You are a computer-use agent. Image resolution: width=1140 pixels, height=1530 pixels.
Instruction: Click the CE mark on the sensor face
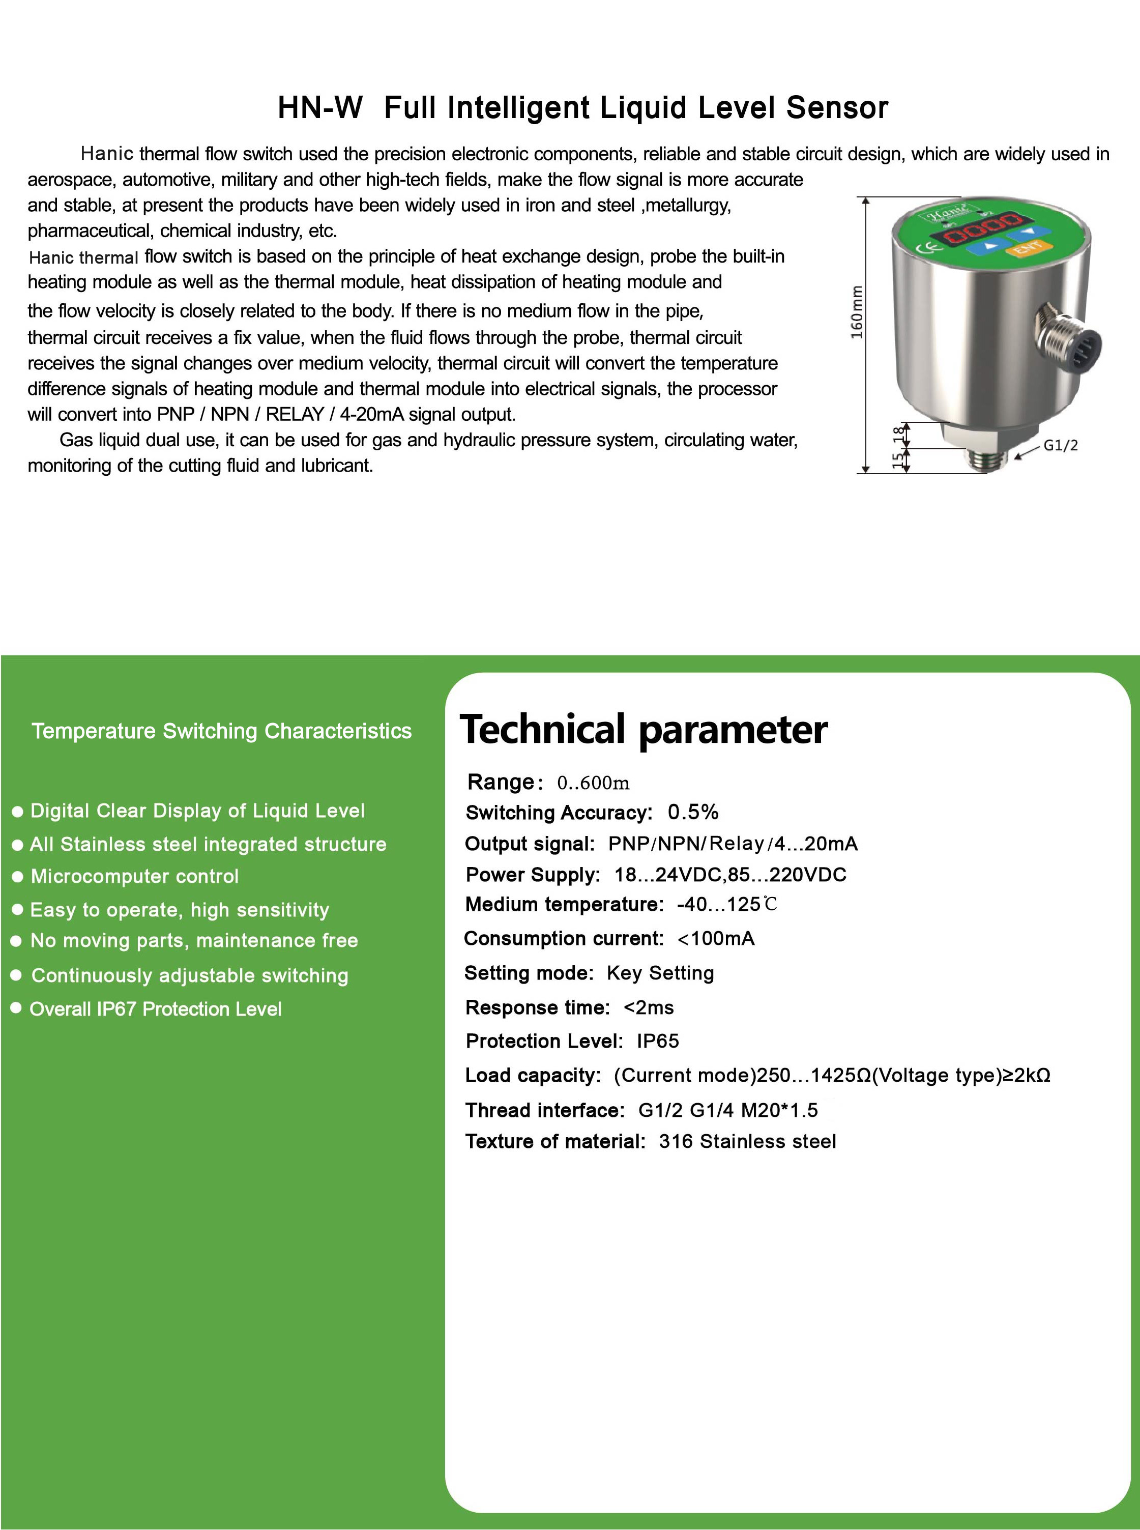(924, 248)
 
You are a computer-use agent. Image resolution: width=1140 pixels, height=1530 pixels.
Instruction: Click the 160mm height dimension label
(856, 312)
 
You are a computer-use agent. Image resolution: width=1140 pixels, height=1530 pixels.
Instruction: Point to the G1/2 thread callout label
(1060, 445)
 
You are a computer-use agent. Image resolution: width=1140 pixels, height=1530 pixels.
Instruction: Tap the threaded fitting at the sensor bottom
(987, 459)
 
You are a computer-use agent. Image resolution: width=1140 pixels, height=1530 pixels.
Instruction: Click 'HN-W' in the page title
(319, 108)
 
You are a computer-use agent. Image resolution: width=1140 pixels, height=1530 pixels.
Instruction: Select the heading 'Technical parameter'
(643, 730)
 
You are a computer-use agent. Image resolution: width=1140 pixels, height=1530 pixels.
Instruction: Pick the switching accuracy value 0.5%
(693, 812)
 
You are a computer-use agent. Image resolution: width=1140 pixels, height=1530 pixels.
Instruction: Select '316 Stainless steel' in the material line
(747, 1141)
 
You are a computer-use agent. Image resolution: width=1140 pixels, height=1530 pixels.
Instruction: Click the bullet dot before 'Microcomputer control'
(18, 877)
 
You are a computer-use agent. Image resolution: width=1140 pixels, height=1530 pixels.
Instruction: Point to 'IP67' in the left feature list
(116, 1009)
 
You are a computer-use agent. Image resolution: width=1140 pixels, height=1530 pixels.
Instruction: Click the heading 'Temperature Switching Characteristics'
(221, 731)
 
